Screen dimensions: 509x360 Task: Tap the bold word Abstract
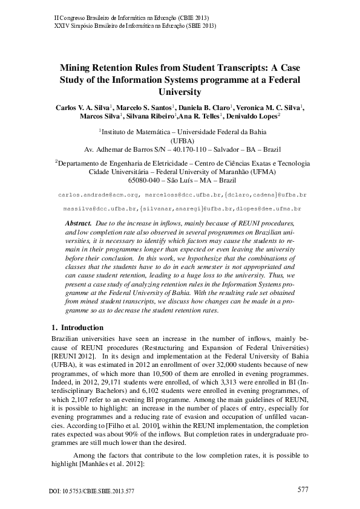click(x=77, y=223)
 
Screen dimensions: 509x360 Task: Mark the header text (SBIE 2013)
click(x=198, y=26)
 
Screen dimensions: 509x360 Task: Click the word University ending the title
click(x=180, y=92)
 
